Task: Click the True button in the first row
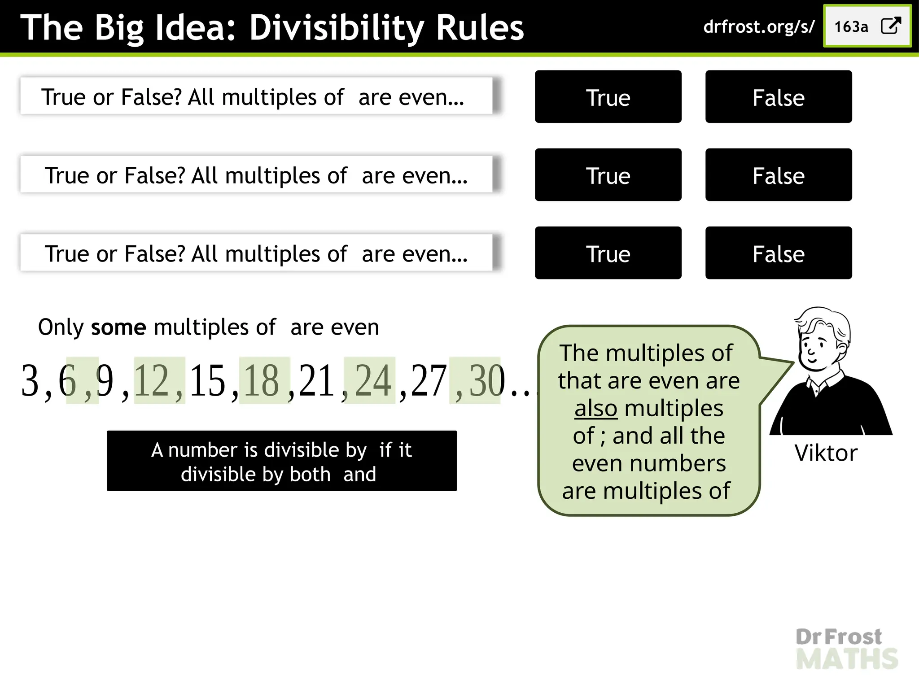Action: pos(608,97)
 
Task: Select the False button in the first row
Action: pos(778,97)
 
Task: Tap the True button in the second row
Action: pos(608,175)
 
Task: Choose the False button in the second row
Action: pos(778,175)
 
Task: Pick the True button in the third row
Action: pos(608,253)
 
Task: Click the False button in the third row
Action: pos(778,253)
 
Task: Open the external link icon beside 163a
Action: pos(891,26)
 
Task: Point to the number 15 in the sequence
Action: pos(207,381)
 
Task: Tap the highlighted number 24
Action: pos(373,381)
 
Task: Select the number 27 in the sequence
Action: pos(429,381)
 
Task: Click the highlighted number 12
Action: pos(151,381)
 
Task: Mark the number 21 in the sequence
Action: pos(316,381)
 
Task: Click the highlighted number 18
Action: pos(262,381)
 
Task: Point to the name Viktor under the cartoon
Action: pos(826,453)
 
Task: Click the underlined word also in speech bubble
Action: pos(596,409)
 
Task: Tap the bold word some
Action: pos(118,327)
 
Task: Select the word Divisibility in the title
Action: pos(337,28)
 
